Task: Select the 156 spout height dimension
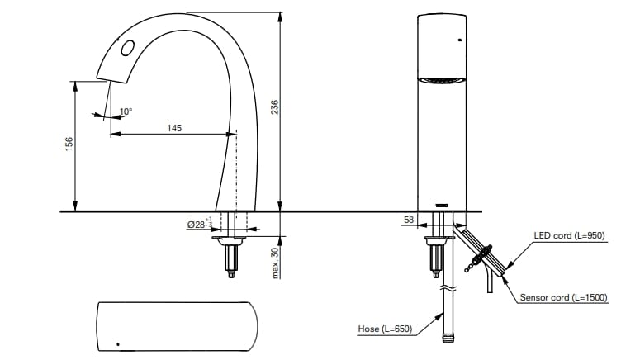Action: coord(69,144)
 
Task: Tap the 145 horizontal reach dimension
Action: coord(174,128)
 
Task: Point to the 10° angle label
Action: coord(126,111)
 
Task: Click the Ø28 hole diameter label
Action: coord(198,225)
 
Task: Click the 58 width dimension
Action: coord(409,220)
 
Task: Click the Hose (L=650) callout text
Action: coord(385,329)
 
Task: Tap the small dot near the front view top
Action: coord(459,39)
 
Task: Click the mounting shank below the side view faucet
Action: coord(229,260)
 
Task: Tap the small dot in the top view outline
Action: coord(118,343)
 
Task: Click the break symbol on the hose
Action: coord(447,290)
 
